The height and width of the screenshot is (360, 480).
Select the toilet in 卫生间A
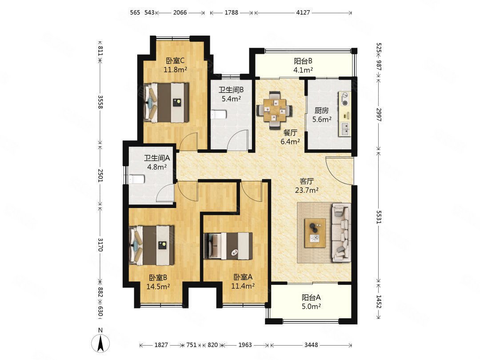click(x=137, y=179)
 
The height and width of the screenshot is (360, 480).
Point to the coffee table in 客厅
click(x=315, y=233)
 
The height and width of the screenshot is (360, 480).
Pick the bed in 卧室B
click(x=152, y=245)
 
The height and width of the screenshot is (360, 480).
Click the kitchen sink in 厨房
click(x=345, y=129)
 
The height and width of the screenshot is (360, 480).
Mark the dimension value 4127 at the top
click(x=303, y=12)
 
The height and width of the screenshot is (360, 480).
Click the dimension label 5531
click(x=379, y=217)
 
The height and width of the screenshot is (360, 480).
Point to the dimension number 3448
click(x=311, y=345)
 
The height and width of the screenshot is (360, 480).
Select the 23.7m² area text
click(x=306, y=190)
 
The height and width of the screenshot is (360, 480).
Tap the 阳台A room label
click(x=311, y=297)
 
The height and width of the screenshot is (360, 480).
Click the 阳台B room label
click(x=303, y=61)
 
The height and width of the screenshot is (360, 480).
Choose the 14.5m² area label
click(x=158, y=287)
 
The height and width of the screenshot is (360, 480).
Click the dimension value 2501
click(x=100, y=175)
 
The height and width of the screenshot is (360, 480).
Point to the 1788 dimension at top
click(x=232, y=12)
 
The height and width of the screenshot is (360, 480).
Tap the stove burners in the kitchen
click(x=345, y=99)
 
